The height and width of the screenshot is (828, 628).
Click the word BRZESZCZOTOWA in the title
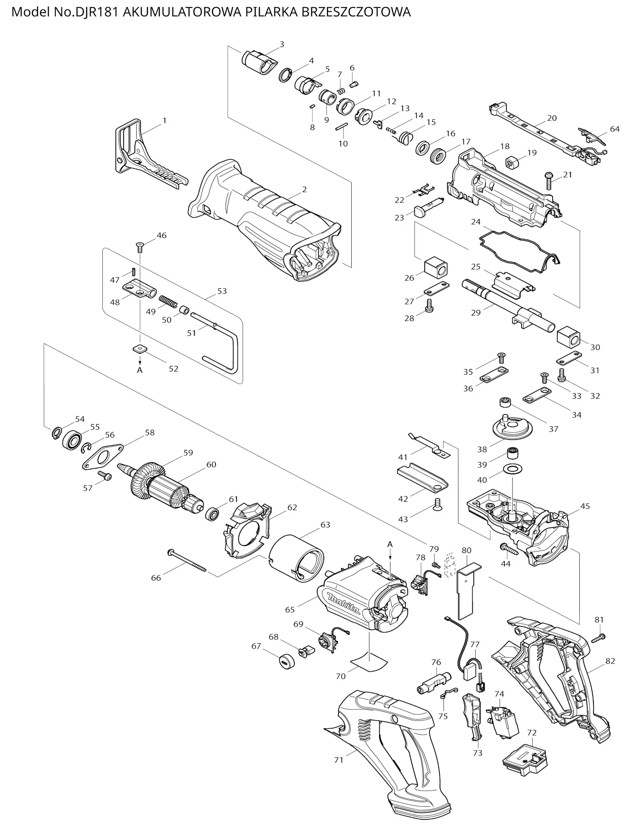click(356, 12)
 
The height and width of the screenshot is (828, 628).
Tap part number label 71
click(339, 760)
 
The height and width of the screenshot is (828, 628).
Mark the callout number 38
click(482, 449)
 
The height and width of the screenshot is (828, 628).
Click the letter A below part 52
click(140, 370)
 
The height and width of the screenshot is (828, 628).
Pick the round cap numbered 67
click(286, 661)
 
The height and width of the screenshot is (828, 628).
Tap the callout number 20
click(552, 118)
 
